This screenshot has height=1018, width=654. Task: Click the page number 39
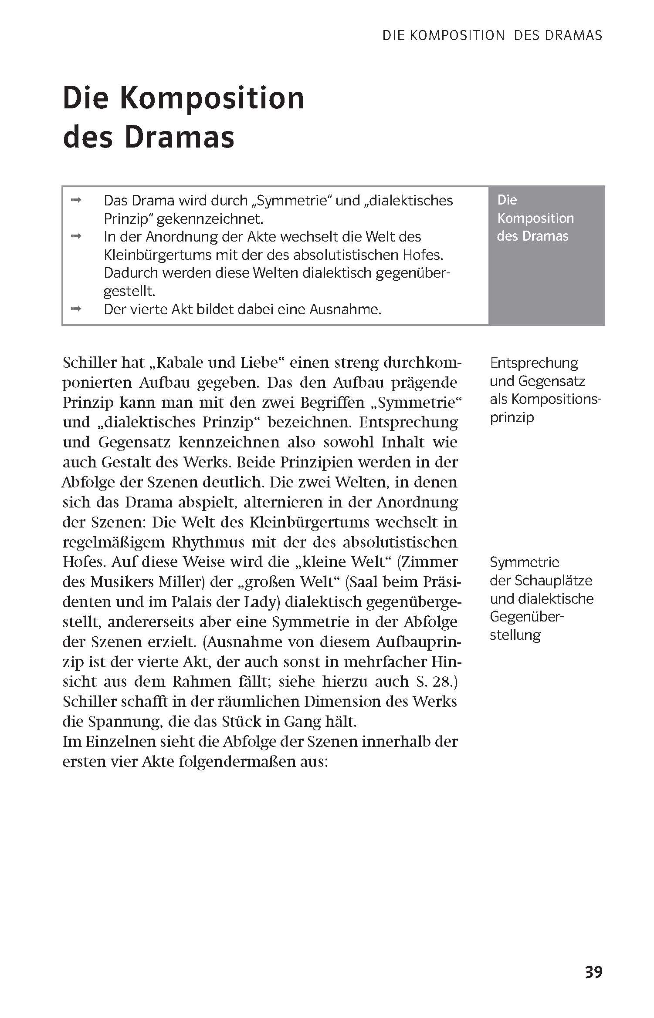[x=593, y=971]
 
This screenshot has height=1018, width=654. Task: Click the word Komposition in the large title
[x=212, y=98]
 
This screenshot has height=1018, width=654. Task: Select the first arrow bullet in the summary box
[x=76, y=200]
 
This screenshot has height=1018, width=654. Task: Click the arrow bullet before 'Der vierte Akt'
[x=76, y=309]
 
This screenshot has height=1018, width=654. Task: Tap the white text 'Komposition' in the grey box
[x=535, y=218]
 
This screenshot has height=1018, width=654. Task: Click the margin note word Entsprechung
[x=534, y=363]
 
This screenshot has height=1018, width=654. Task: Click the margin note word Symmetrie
[x=524, y=562]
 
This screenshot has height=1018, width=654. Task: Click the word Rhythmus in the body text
[x=207, y=542]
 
